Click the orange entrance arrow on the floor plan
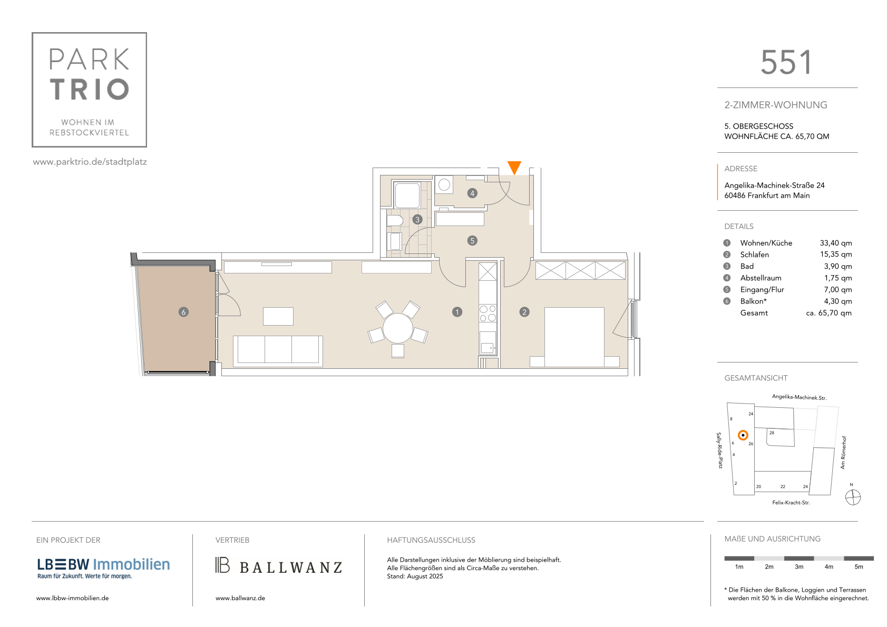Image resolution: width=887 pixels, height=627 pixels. click(x=514, y=166)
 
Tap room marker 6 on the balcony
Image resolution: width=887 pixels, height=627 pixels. click(x=183, y=312)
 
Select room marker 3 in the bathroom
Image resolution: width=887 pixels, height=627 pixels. click(x=417, y=219)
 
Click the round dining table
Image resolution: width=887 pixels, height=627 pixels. click(x=398, y=328)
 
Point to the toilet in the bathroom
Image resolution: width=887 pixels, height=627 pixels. click(x=394, y=220)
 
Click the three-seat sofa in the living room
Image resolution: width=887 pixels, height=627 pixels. click(x=278, y=351)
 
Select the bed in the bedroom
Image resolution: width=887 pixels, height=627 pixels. click(x=574, y=337)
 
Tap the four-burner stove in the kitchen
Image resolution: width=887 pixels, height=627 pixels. click(x=488, y=313)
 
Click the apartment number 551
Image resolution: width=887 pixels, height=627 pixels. click(x=786, y=62)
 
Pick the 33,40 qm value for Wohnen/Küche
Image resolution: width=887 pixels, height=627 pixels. click(x=835, y=243)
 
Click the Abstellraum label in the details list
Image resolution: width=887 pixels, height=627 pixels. click(x=761, y=278)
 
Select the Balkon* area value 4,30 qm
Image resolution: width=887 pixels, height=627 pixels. click(x=838, y=301)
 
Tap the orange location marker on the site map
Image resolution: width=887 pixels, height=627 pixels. click(x=743, y=435)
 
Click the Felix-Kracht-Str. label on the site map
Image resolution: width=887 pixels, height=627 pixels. click(x=791, y=503)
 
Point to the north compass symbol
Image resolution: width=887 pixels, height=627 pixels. click(x=853, y=497)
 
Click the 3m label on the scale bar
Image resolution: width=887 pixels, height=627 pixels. click(x=798, y=567)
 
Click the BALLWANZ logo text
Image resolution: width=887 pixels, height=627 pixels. click(x=290, y=567)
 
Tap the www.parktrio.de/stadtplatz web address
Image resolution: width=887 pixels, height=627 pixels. click(x=90, y=162)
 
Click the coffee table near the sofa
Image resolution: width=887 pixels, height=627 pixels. click(x=278, y=316)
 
